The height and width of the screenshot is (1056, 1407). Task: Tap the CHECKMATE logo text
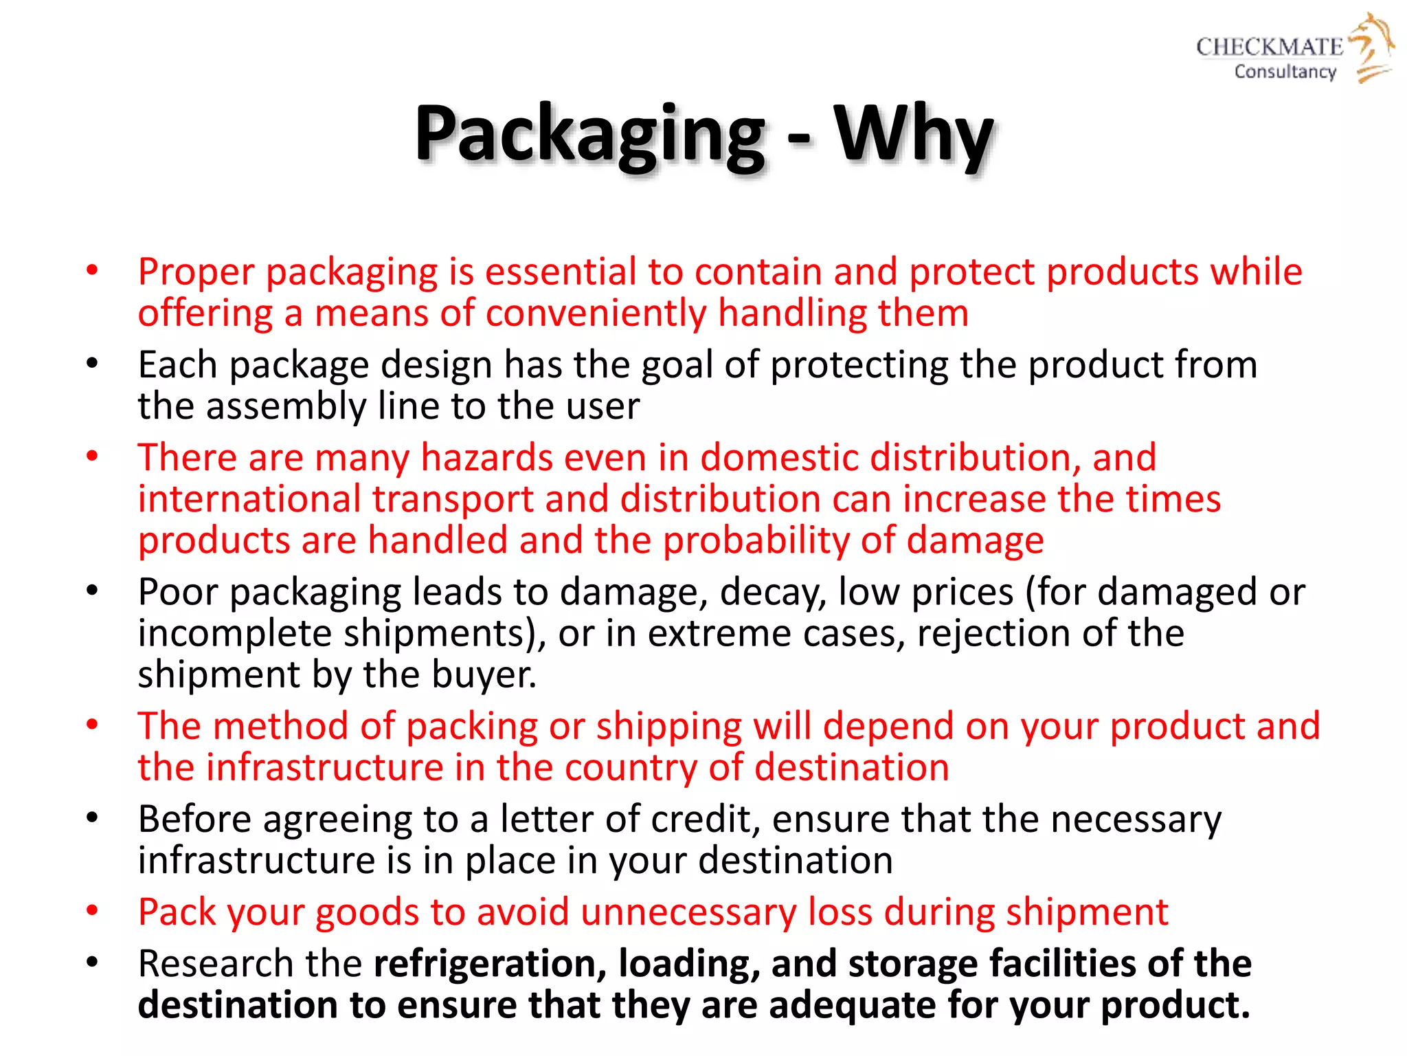point(1269,47)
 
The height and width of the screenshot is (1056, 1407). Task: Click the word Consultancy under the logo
point(1285,71)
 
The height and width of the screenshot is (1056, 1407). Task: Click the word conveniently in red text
point(596,313)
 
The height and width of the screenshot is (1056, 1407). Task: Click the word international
point(249,499)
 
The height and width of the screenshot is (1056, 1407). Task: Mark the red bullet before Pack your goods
point(92,912)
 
